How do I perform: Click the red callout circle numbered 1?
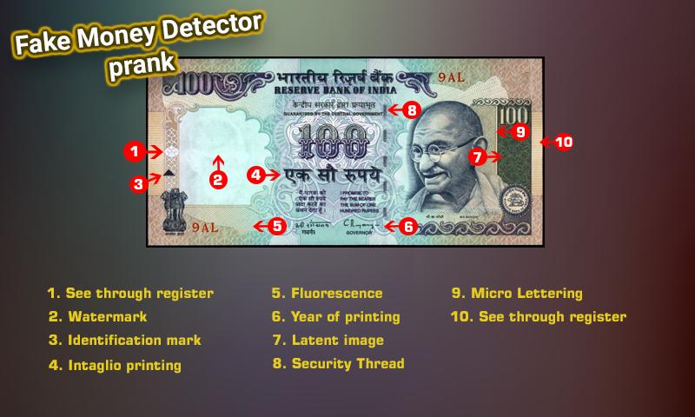(132, 151)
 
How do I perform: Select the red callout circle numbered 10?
(563, 142)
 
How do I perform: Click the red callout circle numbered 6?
(408, 226)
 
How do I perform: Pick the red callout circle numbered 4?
(256, 174)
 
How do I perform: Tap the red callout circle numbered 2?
(219, 181)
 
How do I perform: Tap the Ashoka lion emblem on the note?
(166, 209)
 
